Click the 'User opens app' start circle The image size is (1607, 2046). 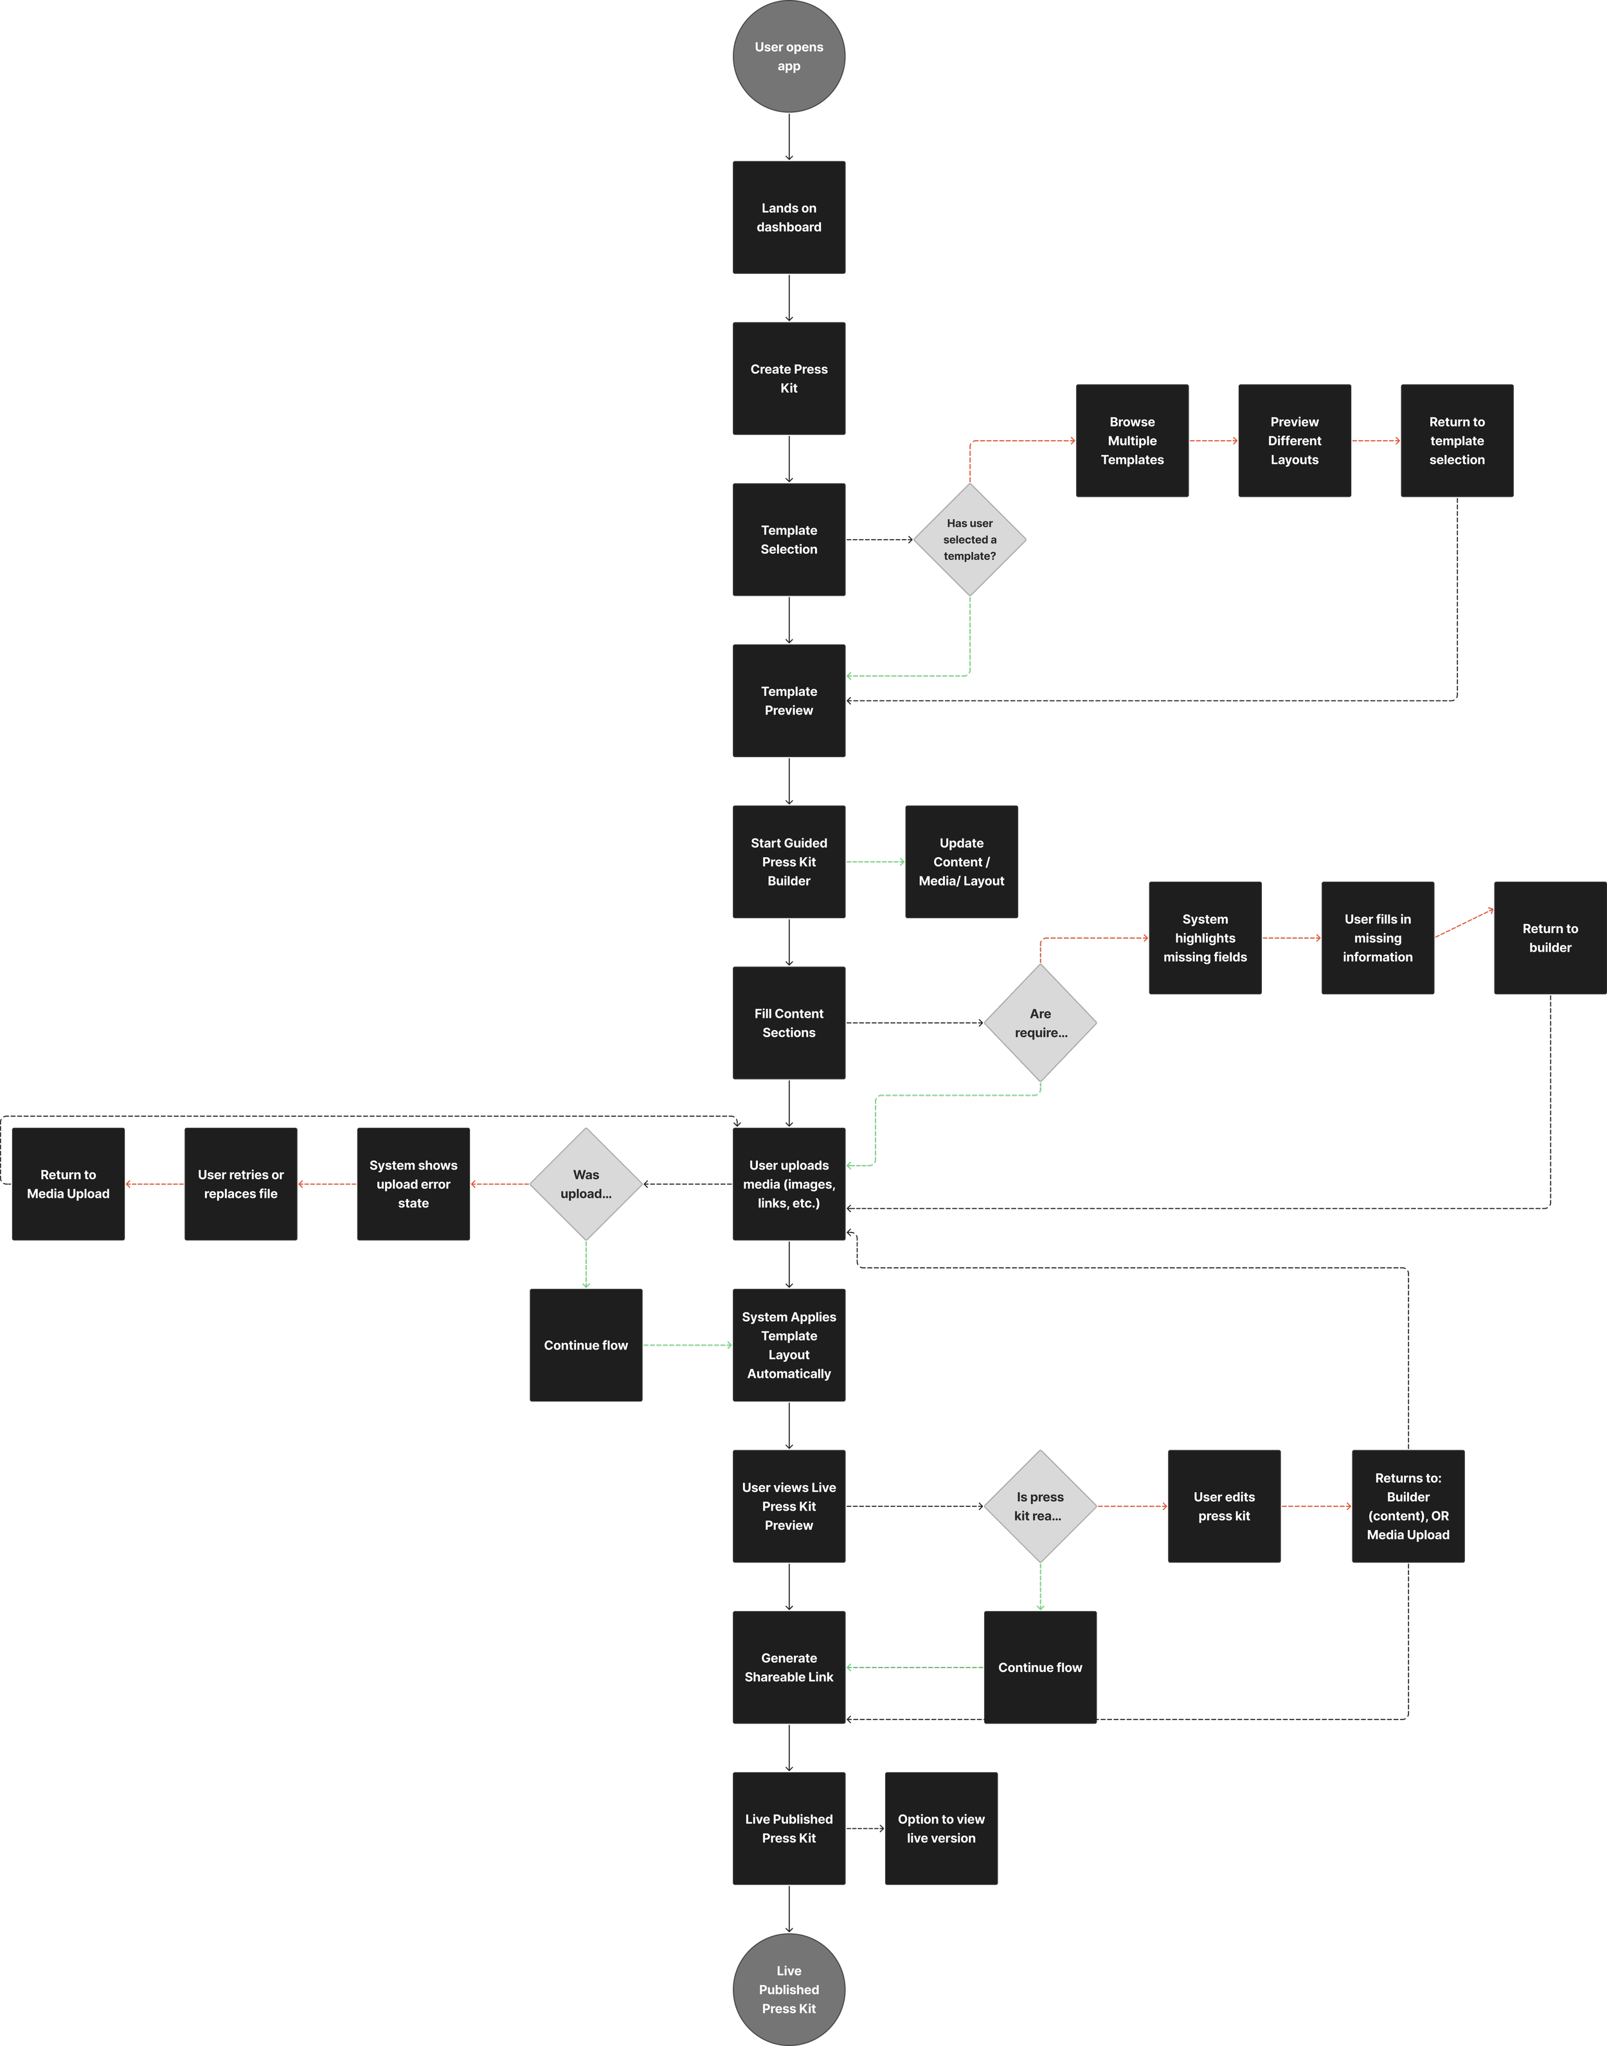(x=789, y=57)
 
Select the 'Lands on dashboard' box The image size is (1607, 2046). (x=789, y=217)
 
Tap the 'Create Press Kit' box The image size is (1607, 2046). (x=789, y=378)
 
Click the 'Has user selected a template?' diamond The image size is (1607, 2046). (x=969, y=540)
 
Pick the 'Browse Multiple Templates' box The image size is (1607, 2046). (x=1132, y=440)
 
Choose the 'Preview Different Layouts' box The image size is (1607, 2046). (x=1295, y=440)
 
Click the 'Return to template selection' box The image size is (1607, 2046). (x=1457, y=440)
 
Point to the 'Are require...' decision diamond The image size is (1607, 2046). (x=1039, y=1022)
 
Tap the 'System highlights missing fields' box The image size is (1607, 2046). (x=1205, y=938)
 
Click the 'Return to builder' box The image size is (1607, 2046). (x=1550, y=938)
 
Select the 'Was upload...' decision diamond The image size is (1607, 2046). (x=586, y=1184)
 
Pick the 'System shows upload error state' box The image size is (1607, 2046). (x=413, y=1184)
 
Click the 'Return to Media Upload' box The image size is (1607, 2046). (x=67, y=1184)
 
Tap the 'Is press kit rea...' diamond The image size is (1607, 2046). (x=1039, y=1506)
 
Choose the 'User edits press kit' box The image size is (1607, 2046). (x=1224, y=1506)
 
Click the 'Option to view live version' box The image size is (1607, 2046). (x=941, y=1829)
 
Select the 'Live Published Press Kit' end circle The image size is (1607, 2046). (x=789, y=1989)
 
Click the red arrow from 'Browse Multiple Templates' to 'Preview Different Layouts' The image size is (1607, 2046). (x=1214, y=440)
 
